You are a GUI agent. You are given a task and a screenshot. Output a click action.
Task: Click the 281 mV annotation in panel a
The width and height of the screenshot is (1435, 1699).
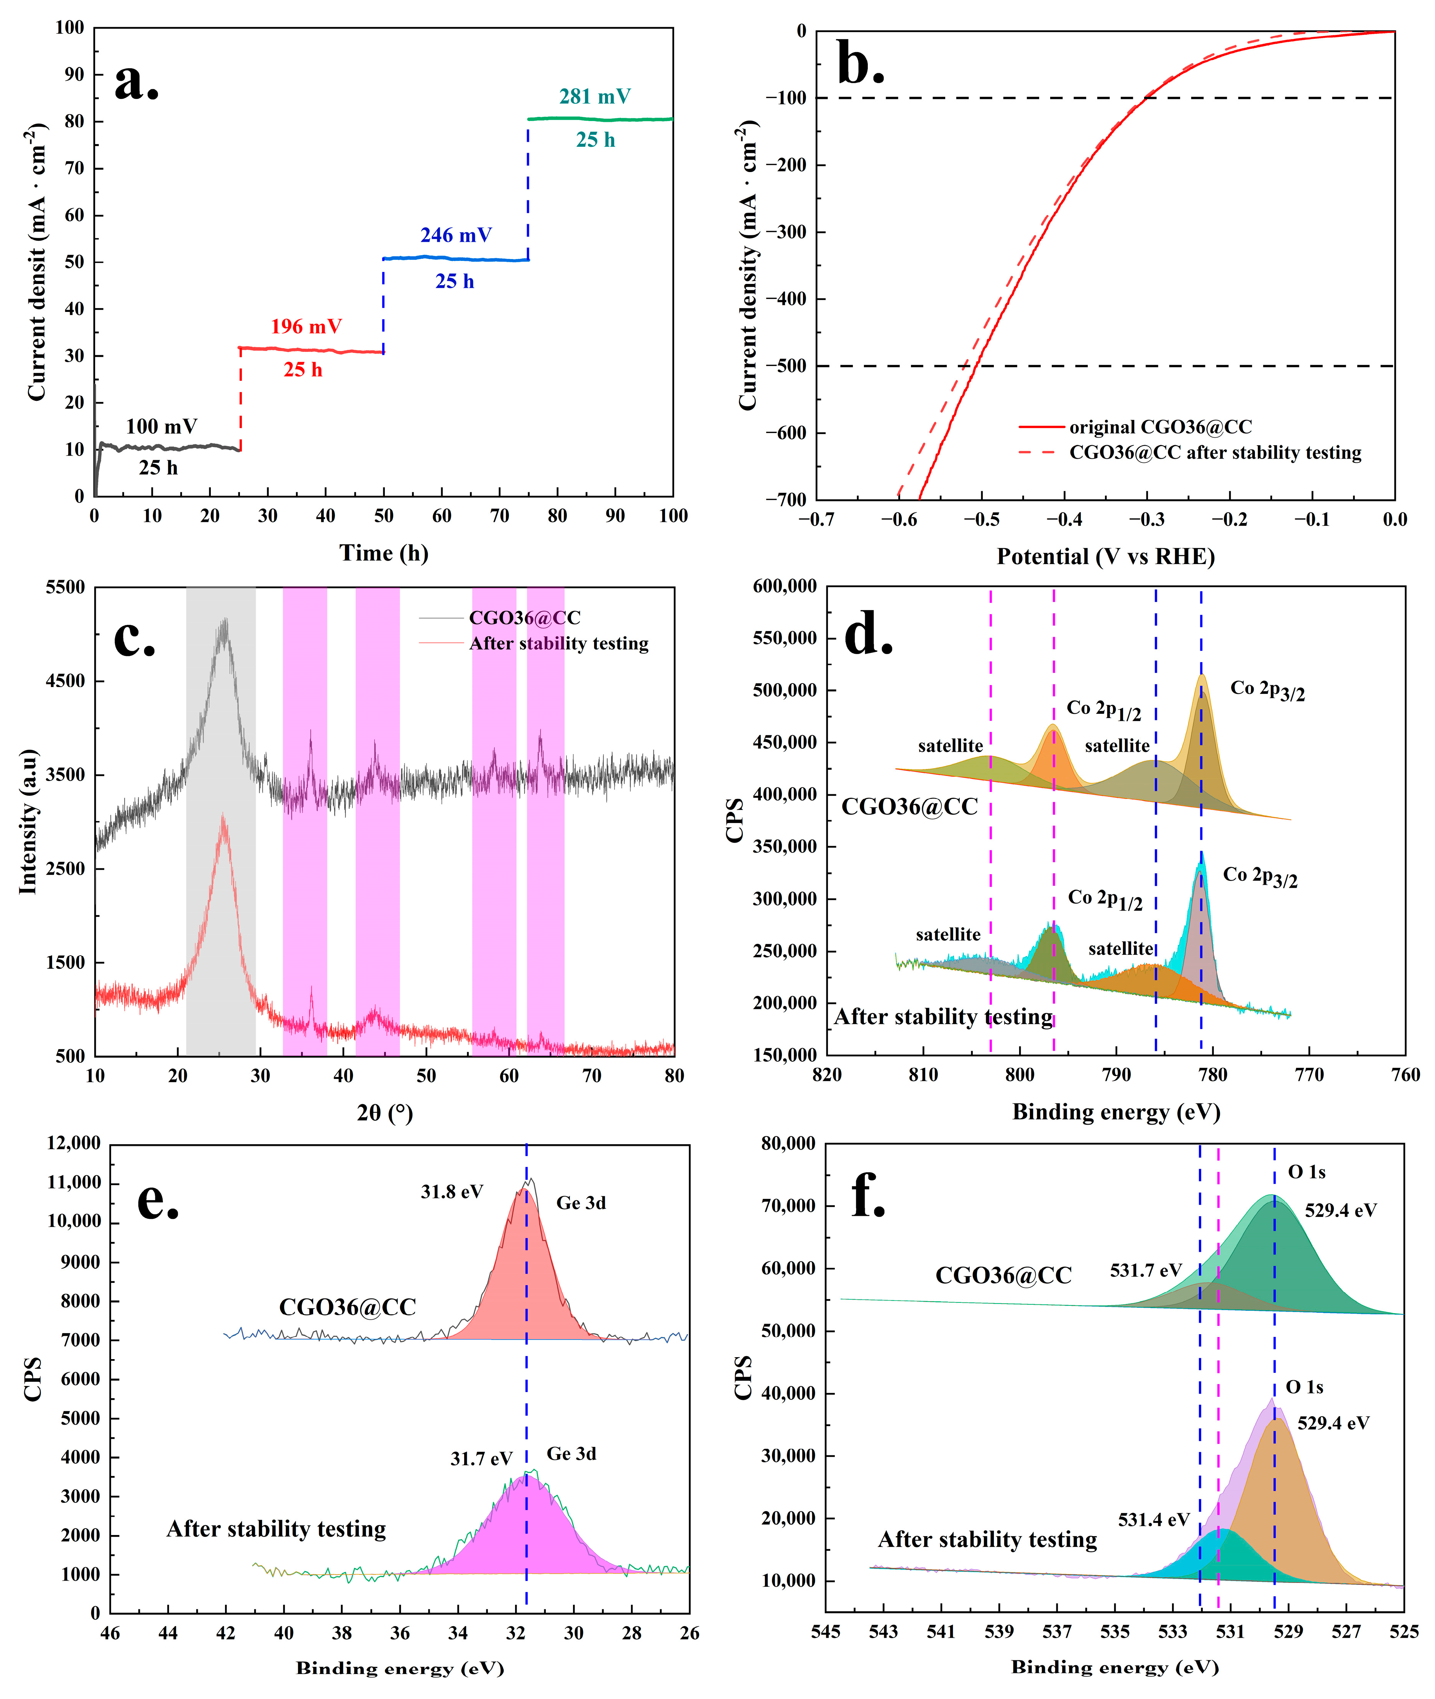595,97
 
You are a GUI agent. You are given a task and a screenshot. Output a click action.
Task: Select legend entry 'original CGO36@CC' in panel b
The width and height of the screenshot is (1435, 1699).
1160,427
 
